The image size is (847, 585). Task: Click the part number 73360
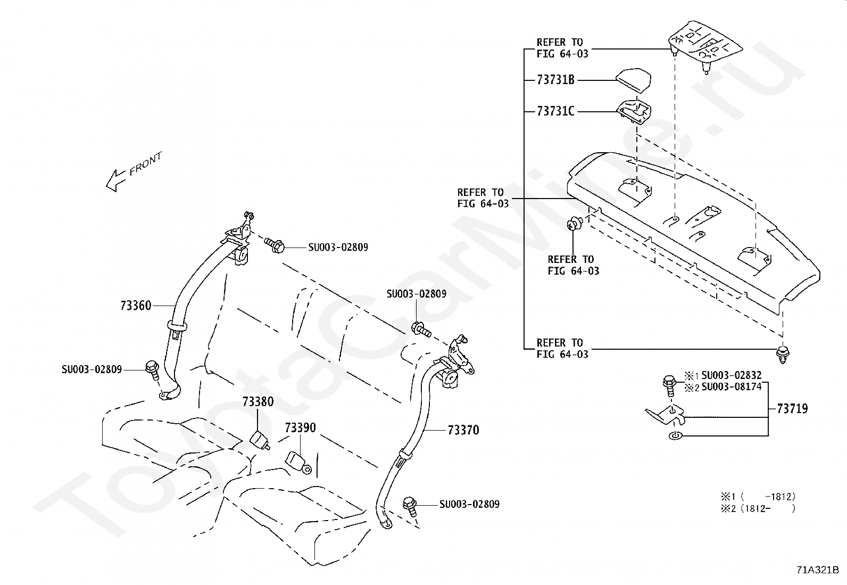pos(136,306)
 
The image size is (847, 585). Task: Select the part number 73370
pos(463,430)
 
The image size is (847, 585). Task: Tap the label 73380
pos(258,401)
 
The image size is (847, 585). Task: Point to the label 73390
pos(300,427)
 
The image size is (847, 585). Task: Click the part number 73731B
pos(555,80)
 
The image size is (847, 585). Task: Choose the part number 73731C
pos(555,111)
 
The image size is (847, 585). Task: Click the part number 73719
pos(792,409)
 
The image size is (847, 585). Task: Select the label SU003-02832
pos(732,375)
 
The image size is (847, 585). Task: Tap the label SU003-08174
pos(732,387)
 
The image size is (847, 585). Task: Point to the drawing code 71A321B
pos(818,570)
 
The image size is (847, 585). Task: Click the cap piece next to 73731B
pos(634,80)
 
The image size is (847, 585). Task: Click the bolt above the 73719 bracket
pos(669,385)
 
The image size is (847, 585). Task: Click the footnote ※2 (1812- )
pos(758,508)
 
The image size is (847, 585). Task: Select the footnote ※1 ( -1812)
pos(758,497)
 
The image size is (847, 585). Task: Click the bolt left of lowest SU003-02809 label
pos(410,506)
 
